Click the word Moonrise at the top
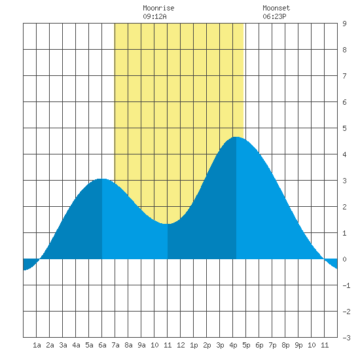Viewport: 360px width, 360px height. pos(158,8)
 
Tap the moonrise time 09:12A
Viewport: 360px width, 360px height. pos(154,16)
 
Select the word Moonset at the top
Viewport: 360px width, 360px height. pos(276,8)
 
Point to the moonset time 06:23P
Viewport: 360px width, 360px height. pos(274,16)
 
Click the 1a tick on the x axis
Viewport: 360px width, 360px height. pos(37,345)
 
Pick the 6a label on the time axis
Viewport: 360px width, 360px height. pos(102,345)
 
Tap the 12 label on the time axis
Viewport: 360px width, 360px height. pos(181,345)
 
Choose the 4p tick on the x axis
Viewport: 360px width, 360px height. pos(233,345)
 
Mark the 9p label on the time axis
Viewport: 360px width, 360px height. pos(298,345)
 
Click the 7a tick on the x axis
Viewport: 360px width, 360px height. pos(115,345)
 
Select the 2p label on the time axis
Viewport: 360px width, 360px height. pos(207,345)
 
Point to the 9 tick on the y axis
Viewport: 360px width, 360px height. pos(344,24)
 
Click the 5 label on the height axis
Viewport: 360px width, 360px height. pos(344,128)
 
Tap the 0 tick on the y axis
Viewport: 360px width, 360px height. pos(344,259)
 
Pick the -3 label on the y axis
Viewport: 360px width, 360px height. pos(346,338)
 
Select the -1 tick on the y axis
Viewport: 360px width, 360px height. pos(346,285)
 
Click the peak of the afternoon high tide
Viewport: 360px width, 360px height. pos(236,137)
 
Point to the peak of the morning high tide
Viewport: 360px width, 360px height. pos(102,179)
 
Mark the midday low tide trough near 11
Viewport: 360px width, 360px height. pos(167,224)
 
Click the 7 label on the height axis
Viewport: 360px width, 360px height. pos(344,76)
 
